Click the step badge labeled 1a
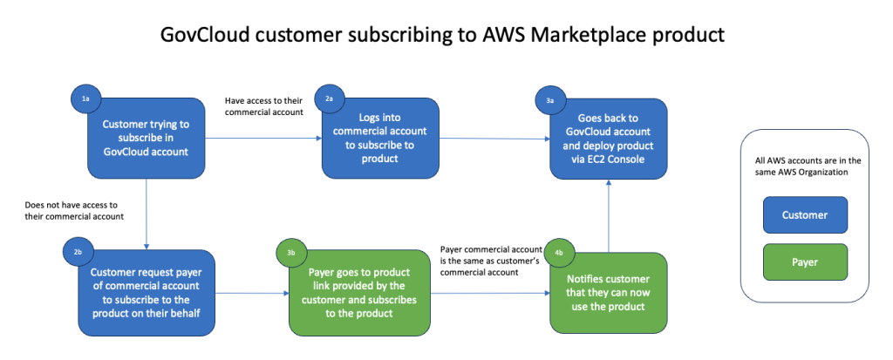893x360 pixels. pyautogui.click(x=85, y=99)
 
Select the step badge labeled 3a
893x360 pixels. pyautogui.click(x=550, y=101)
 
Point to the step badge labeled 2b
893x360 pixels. pyautogui.click(x=77, y=251)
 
